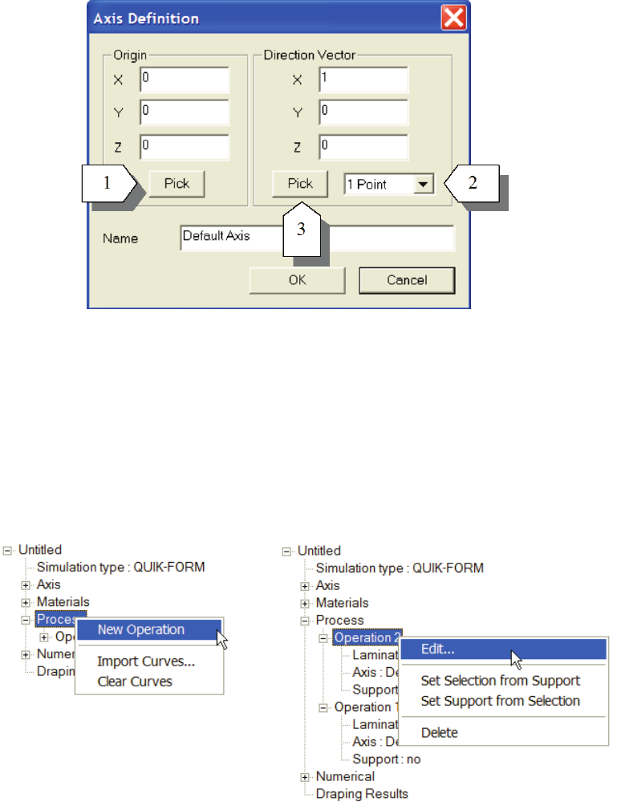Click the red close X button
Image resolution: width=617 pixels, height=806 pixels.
[455, 18]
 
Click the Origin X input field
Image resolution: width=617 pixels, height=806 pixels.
[185, 79]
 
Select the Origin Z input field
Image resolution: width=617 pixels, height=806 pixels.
[185, 147]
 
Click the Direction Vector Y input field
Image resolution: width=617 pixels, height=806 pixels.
[363, 113]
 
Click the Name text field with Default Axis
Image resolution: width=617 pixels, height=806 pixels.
[317, 238]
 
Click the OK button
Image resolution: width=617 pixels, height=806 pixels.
[297, 280]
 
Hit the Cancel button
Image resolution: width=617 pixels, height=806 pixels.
[406, 280]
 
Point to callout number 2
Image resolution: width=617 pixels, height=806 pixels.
[473, 183]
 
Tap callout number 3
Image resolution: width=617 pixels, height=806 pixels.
[301, 230]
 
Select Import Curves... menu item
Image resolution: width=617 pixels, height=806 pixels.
[146, 662]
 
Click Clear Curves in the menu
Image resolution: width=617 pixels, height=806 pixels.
[135, 682]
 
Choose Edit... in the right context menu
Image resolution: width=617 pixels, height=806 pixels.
[437, 649]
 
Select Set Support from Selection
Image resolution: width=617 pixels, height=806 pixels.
[500, 700]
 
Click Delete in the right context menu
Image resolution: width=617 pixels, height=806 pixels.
[440, 732]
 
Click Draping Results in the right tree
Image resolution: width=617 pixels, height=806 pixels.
[361, 793]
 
